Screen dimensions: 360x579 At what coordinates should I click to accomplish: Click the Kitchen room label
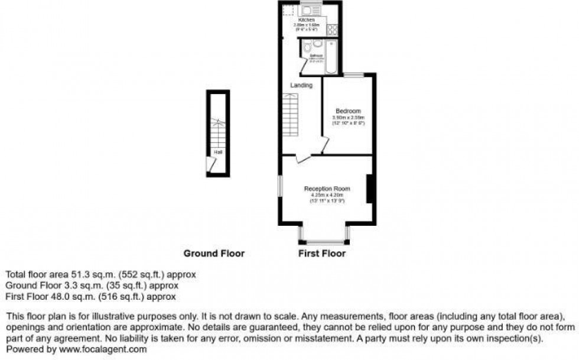pyautogui.click(x=306, y=20)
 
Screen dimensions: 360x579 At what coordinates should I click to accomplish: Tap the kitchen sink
pyautogui.click(x=310, y=8)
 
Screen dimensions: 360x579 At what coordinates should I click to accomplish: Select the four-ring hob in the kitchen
pyautogui.click(x=333, y=28)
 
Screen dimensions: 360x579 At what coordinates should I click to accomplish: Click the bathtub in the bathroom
pyautogui.click(x=331, y=57)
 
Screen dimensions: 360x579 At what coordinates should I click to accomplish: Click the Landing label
pyautogui.click(x=301, y=86)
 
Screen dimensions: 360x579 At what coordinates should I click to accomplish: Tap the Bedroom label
pyautogui.click(x=348, y=111)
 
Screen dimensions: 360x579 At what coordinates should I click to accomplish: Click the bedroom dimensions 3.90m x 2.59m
pyautogui.click(x=348, y=118)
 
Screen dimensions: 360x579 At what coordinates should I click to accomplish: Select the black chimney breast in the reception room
pyautogui.click(x=369, y=189)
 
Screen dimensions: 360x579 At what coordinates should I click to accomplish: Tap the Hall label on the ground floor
pyautogui.click(x=217, y=151)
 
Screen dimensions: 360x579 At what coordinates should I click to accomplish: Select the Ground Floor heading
pyautogui.click(x=214, y=254)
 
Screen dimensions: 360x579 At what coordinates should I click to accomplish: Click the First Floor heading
pyautogui.click(x=322, y=254)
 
